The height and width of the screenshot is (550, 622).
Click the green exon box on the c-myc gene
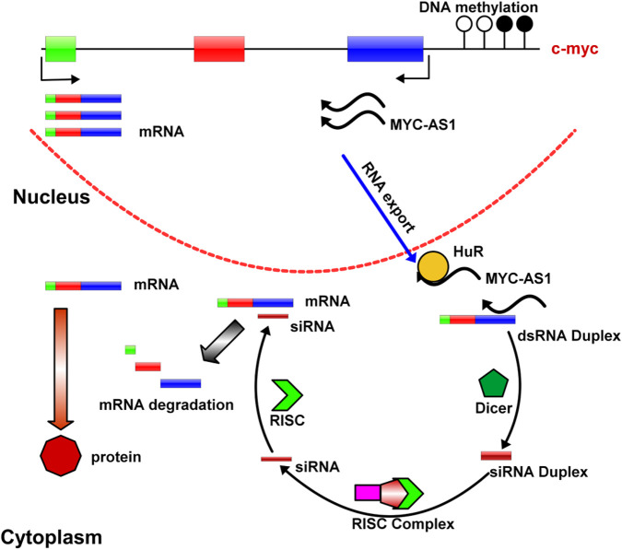tap(60, 49)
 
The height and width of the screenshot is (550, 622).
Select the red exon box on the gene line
tap(219, 49)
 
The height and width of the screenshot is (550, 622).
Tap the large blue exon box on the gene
tap(385, 49)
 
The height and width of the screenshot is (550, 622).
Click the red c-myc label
tap(574, 49)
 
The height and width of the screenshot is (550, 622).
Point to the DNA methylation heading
tap(478, 7)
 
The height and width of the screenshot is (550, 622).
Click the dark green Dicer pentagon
tap(494, 383)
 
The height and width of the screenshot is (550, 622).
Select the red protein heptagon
tap(61, 456)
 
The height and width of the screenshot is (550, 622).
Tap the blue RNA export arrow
tap(379, 208)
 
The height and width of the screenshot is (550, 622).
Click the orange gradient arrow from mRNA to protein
tap(60, 369)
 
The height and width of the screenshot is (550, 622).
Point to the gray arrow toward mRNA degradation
tap(222, 342)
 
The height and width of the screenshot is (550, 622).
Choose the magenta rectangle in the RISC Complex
tap(368, 493)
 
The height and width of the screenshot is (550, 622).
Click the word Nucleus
tap(52, 196)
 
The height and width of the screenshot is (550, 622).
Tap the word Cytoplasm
tap(52, 538)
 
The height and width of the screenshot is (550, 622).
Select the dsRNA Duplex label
tap(569, 336)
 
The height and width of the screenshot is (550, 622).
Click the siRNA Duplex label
tap(539, 472)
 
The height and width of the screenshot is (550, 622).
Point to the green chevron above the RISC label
tap(288, 395)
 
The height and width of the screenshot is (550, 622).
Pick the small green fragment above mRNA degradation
tap(130, 350)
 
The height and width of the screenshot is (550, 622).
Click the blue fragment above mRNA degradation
tap(181, 383)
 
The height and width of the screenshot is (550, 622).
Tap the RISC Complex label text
tap(403, 524)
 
